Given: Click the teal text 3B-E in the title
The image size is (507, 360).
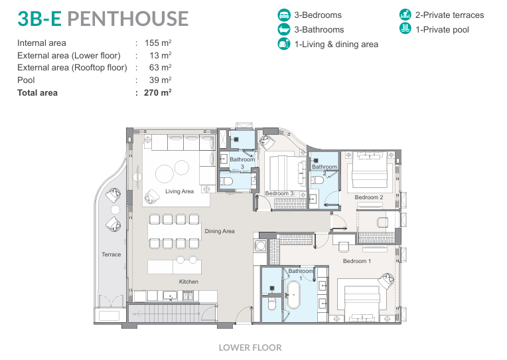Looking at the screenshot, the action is tap(39, 19).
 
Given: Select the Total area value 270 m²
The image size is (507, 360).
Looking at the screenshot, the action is tap(158, 92).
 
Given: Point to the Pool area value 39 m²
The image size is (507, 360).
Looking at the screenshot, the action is tap(161, 80).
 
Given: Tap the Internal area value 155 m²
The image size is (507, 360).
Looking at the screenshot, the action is tap(158, 43).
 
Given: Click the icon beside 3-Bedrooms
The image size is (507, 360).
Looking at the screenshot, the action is tap(284, 15).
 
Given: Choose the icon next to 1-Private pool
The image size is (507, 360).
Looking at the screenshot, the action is tap(405, 29).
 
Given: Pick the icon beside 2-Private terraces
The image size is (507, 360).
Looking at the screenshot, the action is tap(405, 15).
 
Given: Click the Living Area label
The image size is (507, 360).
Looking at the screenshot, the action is tap(179, 191).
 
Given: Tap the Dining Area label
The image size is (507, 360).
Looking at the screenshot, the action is tap(220, 231).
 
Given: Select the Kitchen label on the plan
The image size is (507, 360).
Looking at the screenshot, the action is tap(188, 282).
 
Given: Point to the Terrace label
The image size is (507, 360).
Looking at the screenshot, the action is tap(111, 254).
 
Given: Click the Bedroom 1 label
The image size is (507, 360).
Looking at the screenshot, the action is tap(357, 261).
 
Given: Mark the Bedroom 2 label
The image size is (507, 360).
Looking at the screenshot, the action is tap(369, 197).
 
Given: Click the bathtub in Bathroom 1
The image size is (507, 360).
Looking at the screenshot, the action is tap(293, 295).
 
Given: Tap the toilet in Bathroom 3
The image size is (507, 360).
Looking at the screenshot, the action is tap(226, 181).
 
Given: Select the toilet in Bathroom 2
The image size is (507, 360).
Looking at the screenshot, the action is tap(317, 180).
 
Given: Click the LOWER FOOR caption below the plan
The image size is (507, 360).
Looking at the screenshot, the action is tap(250, 347).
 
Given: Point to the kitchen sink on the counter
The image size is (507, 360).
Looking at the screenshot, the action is tap(170, 296).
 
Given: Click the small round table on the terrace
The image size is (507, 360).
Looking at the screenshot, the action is tap(115, 210).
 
